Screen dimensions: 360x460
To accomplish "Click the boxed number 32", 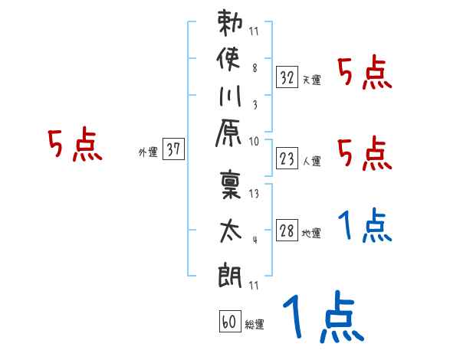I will [287, 77].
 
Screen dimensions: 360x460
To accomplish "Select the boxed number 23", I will [287, 159].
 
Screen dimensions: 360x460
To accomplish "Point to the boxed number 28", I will [287, 231].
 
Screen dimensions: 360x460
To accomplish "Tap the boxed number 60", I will [228, 322].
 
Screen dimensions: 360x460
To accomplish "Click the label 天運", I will [311, 80].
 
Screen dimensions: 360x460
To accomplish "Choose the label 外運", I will [148, 152].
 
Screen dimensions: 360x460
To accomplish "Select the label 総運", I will [254, 325].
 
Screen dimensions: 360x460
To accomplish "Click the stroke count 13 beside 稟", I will [255, 195].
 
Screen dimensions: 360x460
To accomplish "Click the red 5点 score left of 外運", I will [75, 146].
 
